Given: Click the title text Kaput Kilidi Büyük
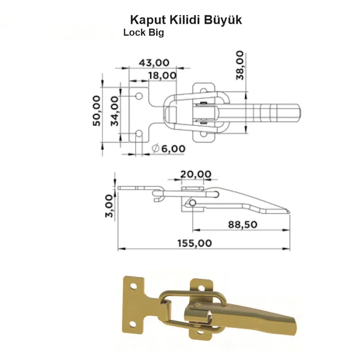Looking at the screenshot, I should pyautogui.click(x=186, y=20).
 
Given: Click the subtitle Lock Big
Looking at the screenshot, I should pyautogui.click(x=144, y=32).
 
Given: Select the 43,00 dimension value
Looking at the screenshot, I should pyautogui.click(x=154, y=62).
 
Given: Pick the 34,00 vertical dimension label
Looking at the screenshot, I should pyautogui.click(x=115, y=111).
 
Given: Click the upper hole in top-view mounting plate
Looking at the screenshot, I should pyautogui.click(x=139, y=96).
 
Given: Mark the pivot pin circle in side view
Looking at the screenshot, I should pyautogui.click(x=193, y=203).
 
